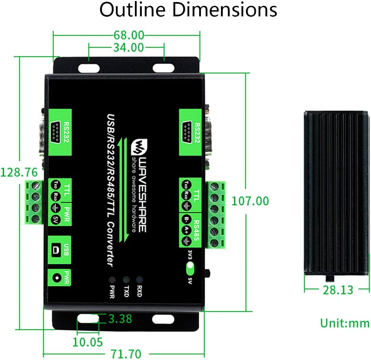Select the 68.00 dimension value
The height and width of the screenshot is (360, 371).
click(x=128, y=35)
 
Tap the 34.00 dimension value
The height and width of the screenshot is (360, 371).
click(x=128, y=47)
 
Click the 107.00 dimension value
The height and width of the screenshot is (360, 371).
click(x=250, y=201)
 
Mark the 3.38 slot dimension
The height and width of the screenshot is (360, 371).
click(x=120, y=319)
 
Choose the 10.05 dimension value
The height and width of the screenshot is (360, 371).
click(x=88, y=342)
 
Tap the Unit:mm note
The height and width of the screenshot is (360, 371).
click(x=344, y=323)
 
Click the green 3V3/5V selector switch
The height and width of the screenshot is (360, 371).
click(x=189, y=269)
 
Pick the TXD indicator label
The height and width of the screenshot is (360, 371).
click(x=126, y=290)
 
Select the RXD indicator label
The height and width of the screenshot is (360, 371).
click(x=139, y=290)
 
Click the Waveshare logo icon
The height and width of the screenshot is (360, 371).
click(x=139, y=147)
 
